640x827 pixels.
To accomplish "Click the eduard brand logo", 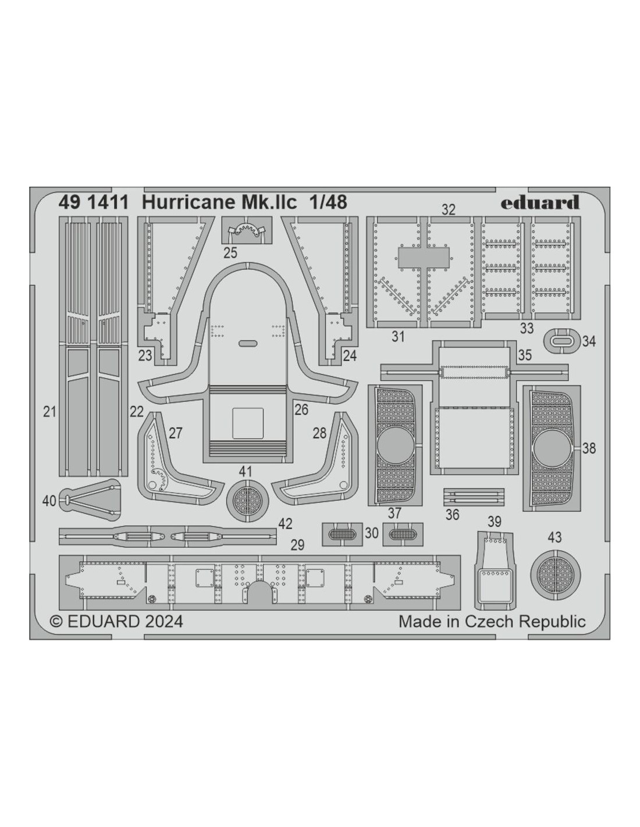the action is pos(539,202).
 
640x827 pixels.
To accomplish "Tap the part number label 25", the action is pos(230,253).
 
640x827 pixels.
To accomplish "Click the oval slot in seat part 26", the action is pos(247,343).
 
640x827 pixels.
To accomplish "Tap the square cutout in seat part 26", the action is pos(248,423).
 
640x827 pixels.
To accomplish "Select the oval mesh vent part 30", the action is pos(342,534).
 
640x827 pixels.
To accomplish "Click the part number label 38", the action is pos(589,448).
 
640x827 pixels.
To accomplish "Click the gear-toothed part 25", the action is pos(247,231).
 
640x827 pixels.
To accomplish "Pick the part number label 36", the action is pos(452,515).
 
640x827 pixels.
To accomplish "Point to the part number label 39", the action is pos(495,522).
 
